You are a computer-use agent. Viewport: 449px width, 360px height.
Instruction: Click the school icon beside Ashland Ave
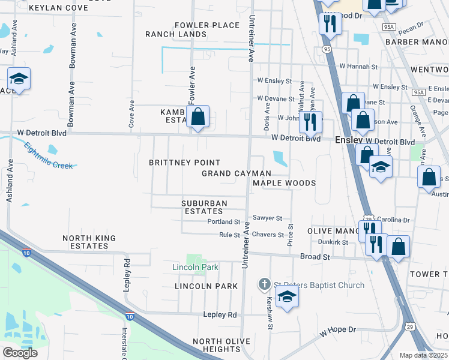pyautogui.click(x=19, y=79)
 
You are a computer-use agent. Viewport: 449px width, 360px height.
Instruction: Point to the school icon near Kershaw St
pyautogui.click(x=287, y=296)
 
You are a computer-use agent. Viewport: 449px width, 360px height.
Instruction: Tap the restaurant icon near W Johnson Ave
pyautogui.click(x=310, y=122)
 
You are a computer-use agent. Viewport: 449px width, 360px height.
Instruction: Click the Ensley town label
pyautogui.click(x=348, y=139)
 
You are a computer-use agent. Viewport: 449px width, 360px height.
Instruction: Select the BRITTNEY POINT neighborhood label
pyautogui.click(x=184, y=163)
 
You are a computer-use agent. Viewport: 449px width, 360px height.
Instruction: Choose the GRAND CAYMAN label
pyautogui.click(x=236, y=173)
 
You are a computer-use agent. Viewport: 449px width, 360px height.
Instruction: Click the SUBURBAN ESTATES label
pyautogui.click(x=204, y=207)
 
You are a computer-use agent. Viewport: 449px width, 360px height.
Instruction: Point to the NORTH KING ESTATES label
pyautogui.click(x=89, y=242)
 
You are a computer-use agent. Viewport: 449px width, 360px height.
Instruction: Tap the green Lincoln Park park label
pyautogui.click(x=195, y=267)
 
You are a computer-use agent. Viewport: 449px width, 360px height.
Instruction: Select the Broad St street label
pyautogui.click(x=315, y=257)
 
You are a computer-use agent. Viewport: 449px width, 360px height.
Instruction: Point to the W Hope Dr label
pyautogui.click(x=338, y=331)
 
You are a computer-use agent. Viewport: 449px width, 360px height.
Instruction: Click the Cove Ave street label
pyautogui.click(x=131, y=113)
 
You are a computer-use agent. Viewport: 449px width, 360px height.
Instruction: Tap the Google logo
pyautogui.click(x=20, y=352)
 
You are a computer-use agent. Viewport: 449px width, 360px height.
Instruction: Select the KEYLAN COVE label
pyautogui.click(x=58, y=8)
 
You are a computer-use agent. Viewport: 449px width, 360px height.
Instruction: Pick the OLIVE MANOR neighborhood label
pyautogui.click(x=331, y=231)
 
